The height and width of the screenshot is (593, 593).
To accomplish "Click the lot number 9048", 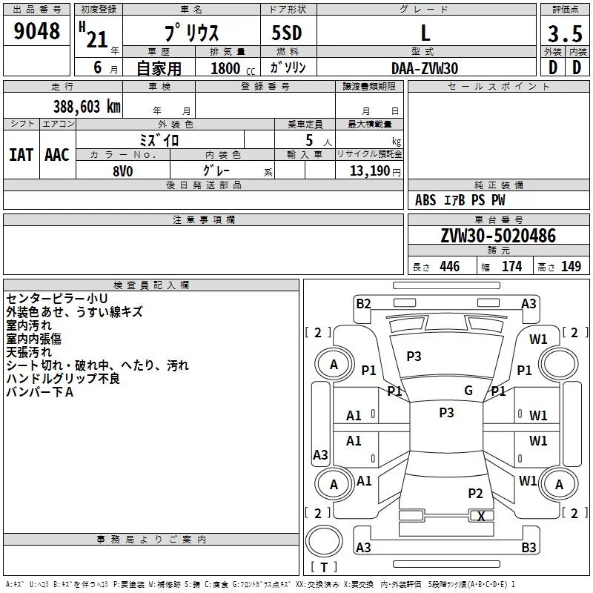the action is [36, 31].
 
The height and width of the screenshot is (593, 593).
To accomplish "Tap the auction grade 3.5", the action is [565, 33].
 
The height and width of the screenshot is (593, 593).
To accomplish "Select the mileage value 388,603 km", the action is [87, 107].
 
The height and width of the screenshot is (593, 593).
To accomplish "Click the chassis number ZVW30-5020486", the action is [498, 236].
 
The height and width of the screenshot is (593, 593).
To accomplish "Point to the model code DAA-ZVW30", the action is [425, 68].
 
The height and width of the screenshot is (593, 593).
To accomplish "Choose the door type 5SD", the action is [287, 33].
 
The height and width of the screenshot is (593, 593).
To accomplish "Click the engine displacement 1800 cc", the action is [233, 68].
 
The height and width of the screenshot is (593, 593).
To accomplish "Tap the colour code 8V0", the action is [123, 171].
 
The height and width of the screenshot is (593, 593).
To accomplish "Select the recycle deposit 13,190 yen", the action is [375, 171].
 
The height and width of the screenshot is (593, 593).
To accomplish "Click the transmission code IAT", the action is [21, 155].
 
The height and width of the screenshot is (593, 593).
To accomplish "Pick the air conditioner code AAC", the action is [57, 155].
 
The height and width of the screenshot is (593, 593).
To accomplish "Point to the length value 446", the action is [450, 266].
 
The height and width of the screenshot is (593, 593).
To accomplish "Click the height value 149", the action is [571, 266].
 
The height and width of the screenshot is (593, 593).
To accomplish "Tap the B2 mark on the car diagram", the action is [363, 303].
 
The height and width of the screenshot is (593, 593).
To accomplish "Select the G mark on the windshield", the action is [468, 390].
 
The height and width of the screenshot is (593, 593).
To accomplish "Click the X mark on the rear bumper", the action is [481, 516].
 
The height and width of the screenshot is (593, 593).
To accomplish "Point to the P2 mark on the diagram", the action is [475, 493].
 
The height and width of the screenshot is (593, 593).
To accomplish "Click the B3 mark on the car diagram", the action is [529, 547].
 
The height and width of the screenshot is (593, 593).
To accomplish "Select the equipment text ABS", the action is [425, 200].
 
